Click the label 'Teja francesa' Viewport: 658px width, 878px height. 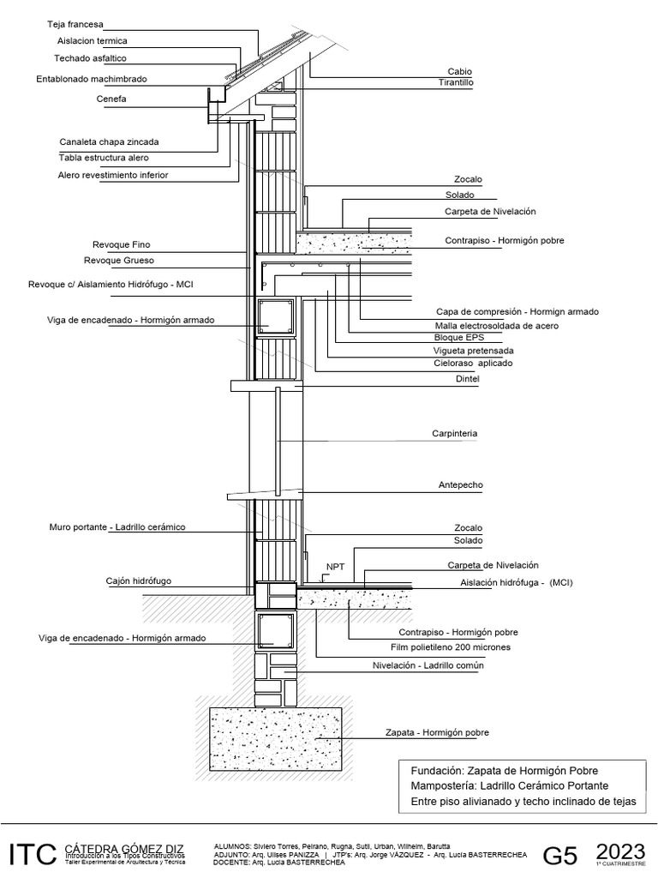pos(74,26)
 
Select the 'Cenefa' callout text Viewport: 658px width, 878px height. pos(111,99)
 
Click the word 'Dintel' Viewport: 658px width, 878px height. pos(467,378)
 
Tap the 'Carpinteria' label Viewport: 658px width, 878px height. pos(453,434)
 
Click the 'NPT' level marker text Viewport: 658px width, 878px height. pos(334,567)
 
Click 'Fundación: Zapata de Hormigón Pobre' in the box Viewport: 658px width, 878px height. pos(499,770)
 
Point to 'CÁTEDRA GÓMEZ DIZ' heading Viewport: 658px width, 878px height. pos(123,848)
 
